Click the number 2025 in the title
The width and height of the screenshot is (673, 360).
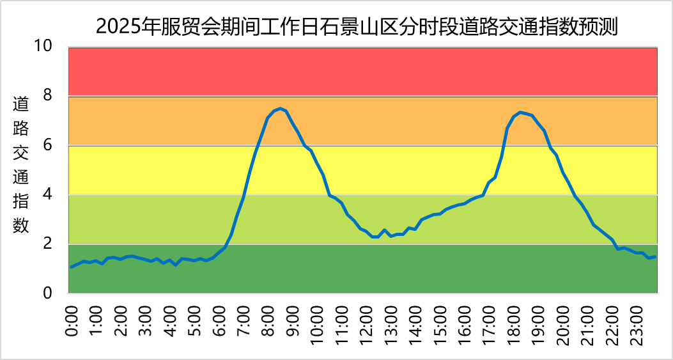[120, 26]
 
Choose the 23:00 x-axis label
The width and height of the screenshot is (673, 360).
[635, 324]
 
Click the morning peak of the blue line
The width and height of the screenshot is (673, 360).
[280, 108]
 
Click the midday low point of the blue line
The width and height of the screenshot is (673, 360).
[375, 237]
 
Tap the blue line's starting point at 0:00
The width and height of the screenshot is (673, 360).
[71, 267]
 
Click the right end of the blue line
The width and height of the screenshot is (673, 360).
[655, 256]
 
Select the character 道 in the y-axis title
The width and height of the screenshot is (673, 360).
[21, 104]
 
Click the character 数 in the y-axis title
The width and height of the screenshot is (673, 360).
[21, 225]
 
